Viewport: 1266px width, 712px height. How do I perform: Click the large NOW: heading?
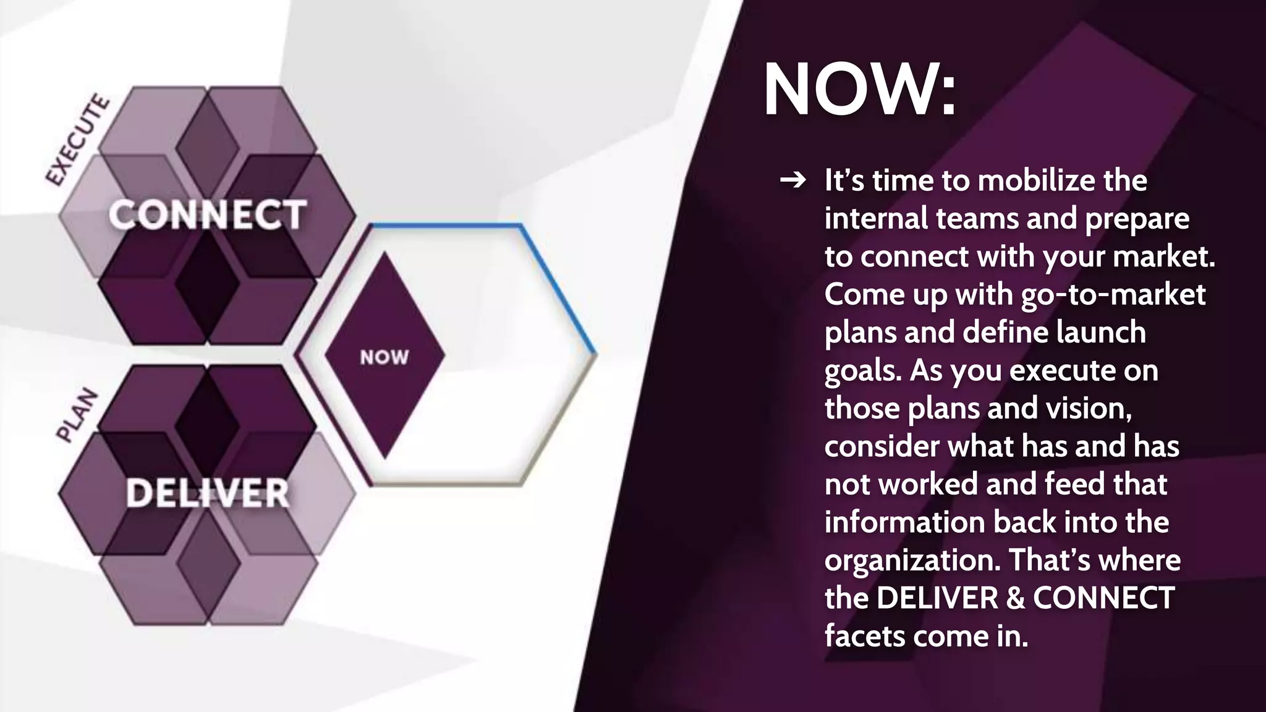point(859,90)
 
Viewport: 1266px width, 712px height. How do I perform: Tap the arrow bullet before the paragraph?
point(793,180)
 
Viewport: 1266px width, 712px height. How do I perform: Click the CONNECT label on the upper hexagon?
point(207,214)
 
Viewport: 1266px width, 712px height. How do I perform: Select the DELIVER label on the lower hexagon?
point(207,493)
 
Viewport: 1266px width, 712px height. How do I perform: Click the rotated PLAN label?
point(78,415)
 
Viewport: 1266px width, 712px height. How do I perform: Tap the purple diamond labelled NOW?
point(384,356)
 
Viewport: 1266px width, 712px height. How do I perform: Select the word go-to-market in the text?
point(1113,294)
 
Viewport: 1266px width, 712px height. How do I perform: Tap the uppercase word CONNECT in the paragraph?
point(1103,598)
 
